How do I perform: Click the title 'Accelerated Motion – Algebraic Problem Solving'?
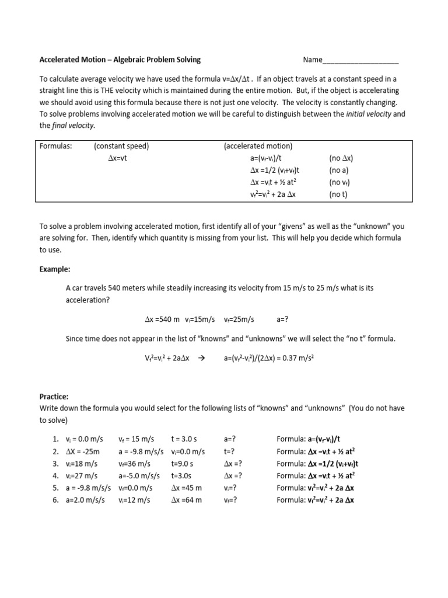[x=120, y=60]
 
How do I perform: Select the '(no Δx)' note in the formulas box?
[x=341, y=158]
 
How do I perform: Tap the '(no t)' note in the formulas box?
[x=338, y=194]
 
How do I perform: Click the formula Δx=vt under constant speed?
[x=117, y=158]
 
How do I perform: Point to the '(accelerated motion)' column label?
[x=258, y=146]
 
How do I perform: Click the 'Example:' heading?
[x=54, y=269]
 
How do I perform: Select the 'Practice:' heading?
[x=54, y=395]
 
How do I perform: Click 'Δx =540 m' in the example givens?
[x=162, y=319]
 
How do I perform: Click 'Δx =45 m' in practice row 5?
[x=187, y=488]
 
